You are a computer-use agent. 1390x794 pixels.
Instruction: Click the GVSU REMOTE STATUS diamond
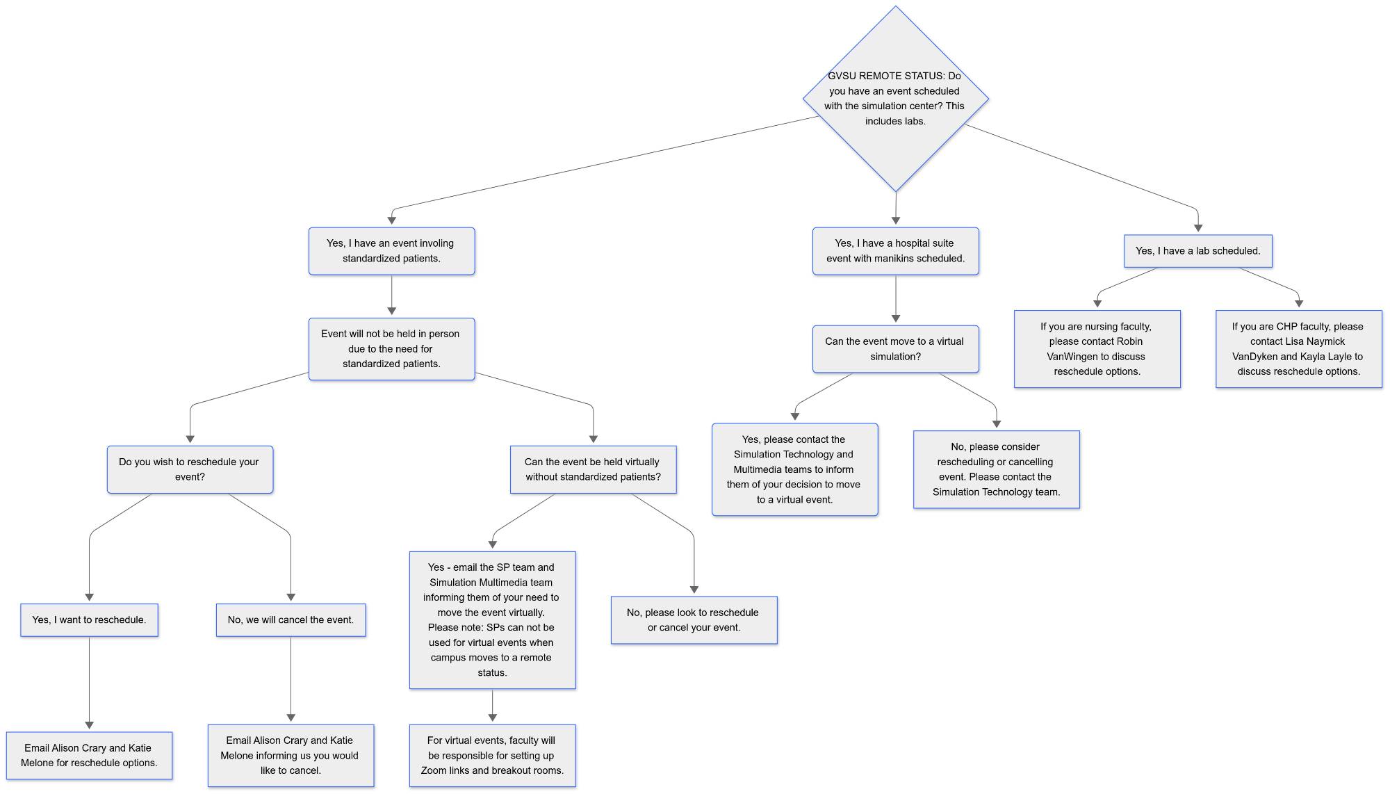click(x=895, y=99)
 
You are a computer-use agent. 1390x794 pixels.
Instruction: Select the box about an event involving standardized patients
click(x=391, y=251)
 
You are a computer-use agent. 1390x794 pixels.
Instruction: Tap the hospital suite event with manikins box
click(x=895, y=251)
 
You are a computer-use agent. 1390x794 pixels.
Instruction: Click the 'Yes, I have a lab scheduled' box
click(x=1197, y=251)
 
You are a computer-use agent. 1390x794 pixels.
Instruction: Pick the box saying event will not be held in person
click(x=391, y=349)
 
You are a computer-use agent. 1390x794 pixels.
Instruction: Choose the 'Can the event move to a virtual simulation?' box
click(x=895, y=349)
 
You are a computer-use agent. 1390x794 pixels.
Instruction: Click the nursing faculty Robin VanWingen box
click(x=1097, y=349)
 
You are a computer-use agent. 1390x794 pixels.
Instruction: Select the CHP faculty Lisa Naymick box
click(x=1298, y=349)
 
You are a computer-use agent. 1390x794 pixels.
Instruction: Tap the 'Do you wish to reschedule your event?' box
click(x=190, y=469)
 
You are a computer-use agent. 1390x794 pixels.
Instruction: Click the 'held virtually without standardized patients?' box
click(x=593, y=469)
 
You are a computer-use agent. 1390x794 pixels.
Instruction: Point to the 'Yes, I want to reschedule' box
click(x=89, y=619)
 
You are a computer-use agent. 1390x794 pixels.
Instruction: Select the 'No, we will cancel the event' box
click(x=291, y=619)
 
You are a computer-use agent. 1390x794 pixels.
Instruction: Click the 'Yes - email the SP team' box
click(x=492, y=619)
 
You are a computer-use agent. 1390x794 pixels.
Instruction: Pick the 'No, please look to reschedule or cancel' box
click(x=694, y=619)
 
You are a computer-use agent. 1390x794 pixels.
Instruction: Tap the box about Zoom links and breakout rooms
click(x=492, y=756)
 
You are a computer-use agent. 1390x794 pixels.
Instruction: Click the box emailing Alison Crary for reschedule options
click(x=89, y=756)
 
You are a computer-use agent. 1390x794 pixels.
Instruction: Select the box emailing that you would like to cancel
click(x=291, y=756)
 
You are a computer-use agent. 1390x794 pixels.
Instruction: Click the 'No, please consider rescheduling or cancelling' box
click(x=996, y=469)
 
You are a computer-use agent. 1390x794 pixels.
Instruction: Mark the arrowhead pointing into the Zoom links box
click(x=492, y=718)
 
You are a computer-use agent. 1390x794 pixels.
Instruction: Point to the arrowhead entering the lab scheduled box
click(x=1197, y=227)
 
